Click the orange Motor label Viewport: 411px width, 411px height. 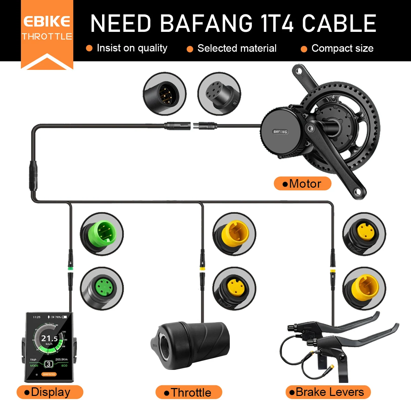tap(302, 184)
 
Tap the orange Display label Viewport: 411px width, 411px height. tap(50, 392)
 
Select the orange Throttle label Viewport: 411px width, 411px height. tap(189, 393)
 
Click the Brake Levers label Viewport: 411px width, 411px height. tap(328, 392)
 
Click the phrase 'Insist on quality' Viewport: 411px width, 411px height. tap(132, 48)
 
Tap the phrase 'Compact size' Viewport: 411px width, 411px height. tap(342, 48)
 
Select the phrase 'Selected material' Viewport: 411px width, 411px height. tap(237, 48)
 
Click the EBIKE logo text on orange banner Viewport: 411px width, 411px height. tap(47, 22)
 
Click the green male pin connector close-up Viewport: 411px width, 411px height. tap(102, 234)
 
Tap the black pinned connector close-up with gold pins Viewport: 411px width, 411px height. tap(164, 94)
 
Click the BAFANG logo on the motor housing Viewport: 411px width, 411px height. tap(280, 132)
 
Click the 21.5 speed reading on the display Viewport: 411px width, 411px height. tap(50, 338)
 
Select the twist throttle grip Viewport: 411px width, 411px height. tap(190, 345)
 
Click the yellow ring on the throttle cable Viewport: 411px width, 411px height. tap(202, 269)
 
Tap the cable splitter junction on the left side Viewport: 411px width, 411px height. tap(34, 175)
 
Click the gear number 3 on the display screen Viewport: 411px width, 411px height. tap(49, 364)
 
